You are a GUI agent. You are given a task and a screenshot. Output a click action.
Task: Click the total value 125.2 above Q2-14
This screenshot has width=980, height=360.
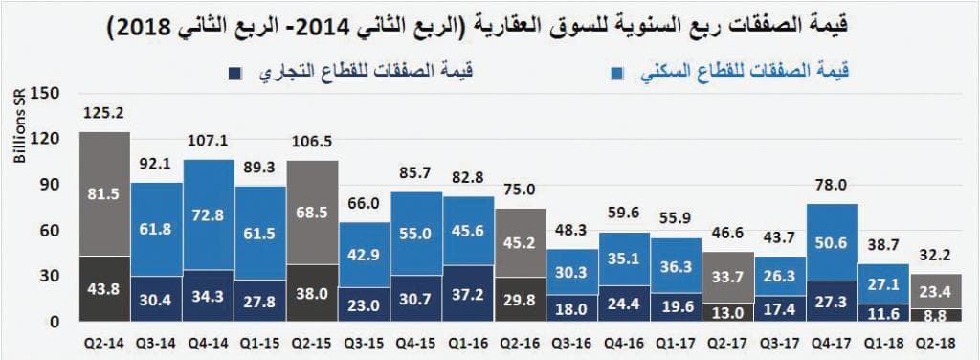105,114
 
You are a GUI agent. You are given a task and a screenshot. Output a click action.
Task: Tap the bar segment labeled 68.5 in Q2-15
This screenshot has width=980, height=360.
313,211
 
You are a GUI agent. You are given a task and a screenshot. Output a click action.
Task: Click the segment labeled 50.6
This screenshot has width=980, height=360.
833,243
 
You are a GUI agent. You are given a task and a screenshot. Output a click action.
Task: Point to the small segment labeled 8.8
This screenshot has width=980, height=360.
937,314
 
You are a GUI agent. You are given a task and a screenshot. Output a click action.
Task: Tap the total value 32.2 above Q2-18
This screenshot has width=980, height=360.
937,256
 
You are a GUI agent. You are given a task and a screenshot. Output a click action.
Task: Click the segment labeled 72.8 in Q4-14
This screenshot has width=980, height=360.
210,215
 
